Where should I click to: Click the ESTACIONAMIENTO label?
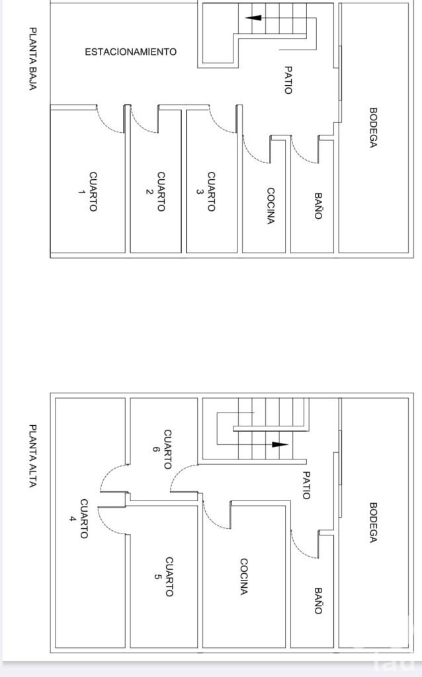[130, 52]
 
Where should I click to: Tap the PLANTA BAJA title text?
[32, 60]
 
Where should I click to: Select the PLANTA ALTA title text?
[32, 456]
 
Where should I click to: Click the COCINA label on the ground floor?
[270, 206]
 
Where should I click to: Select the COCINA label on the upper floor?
[244, 577]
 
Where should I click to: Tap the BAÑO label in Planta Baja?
[318, 206]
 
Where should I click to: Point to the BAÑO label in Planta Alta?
[318, 601]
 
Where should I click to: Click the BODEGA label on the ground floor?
[373, 128]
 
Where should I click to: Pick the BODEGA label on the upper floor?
[373, 523]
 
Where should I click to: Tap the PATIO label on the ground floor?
[288, 79]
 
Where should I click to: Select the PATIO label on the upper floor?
[306, 485]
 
